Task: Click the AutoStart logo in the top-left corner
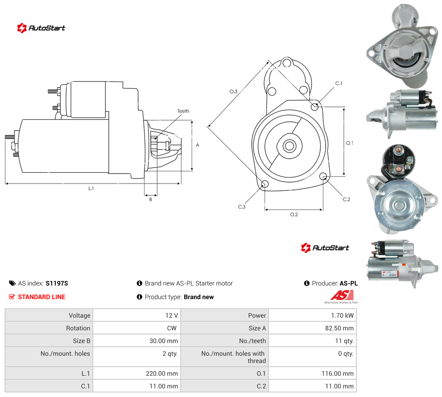tap(41, 28)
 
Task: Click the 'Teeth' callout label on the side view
tap(183, 111)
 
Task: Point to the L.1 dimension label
tap(91, 189)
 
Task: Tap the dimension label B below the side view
tap(150, 199)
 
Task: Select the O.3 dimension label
tap(233, 92)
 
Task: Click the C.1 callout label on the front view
tap(339, 83)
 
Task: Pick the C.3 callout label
tap(241, 207)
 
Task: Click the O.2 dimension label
tap(294, 215)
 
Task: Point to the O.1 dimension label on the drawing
tap(350, 143)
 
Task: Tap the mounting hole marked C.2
tap(323, 177)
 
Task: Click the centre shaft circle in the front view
tap(289, 146)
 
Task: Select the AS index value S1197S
tap(57, 283)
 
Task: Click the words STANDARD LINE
tap(42, 297)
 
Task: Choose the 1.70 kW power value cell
tap(342, 315)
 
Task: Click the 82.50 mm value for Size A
tap(339, 328)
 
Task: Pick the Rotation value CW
tap(172, 328)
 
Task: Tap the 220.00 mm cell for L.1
tap(162, 373)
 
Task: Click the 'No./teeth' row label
tap(252, 341)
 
